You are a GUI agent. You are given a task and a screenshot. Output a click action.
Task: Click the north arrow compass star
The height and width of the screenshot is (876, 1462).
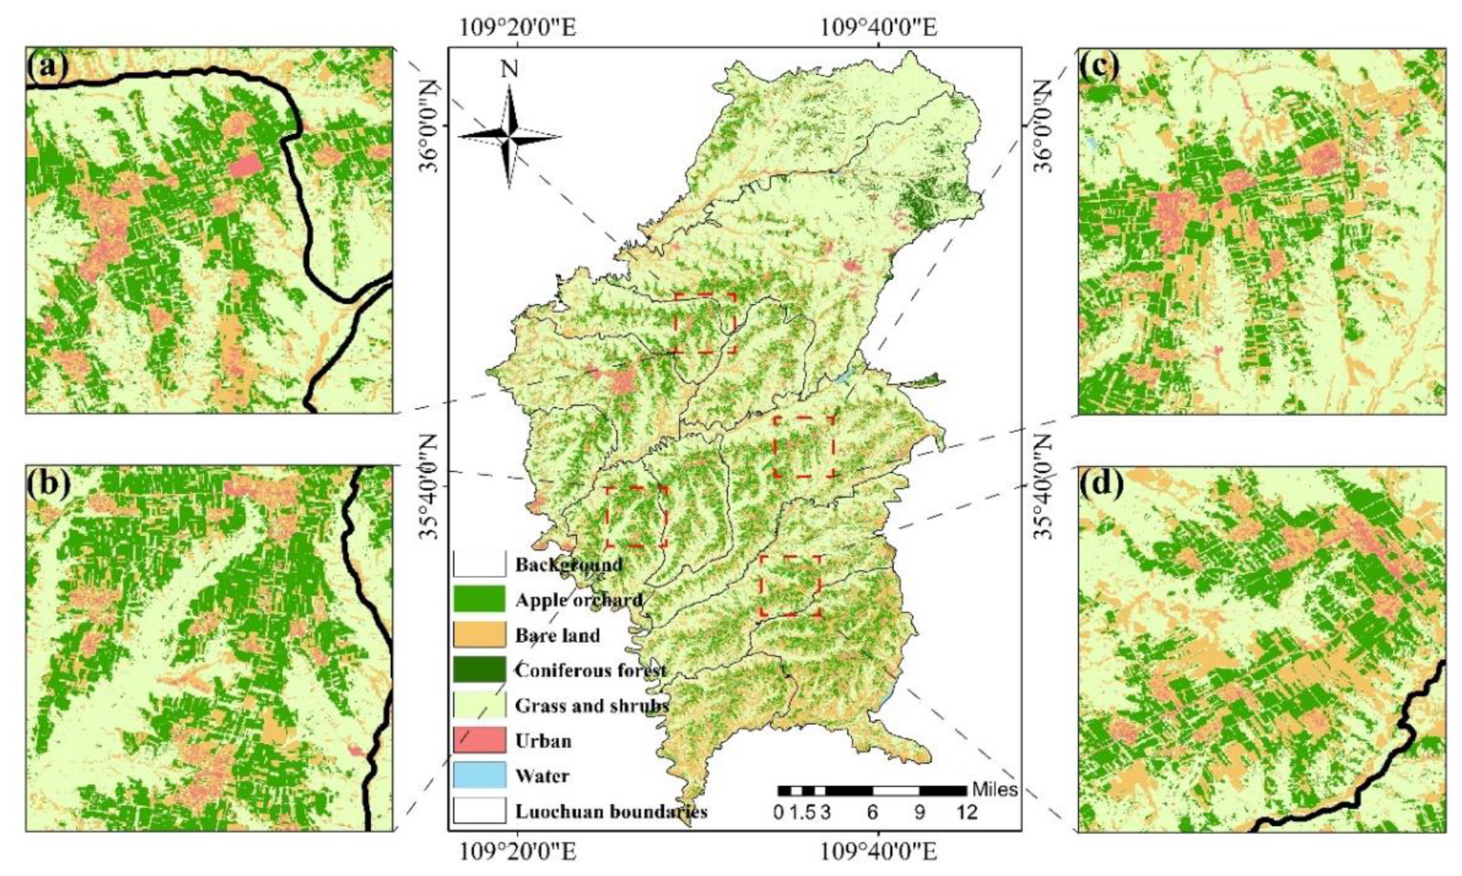(510, 137)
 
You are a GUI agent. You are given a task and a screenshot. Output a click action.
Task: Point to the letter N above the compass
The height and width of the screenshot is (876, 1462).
(509, 70)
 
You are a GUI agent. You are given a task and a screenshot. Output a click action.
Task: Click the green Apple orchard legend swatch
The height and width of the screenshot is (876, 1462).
(479, 599)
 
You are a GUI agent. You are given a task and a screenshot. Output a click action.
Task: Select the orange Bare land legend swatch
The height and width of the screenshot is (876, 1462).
(479, 635)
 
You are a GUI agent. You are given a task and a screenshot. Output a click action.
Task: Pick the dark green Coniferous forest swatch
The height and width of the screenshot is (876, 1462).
(479, 670)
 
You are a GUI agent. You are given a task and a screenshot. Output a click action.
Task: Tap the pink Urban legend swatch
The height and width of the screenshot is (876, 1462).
(479, 740)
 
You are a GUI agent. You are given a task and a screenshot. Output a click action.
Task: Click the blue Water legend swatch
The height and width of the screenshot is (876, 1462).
(479, 775)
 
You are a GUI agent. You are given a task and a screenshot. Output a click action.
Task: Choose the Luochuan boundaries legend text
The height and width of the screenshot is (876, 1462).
(610, 812)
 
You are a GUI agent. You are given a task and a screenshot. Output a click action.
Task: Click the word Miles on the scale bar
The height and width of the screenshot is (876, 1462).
(994, 789)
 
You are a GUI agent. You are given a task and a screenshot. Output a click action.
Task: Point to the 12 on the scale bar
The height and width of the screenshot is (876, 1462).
(967, 813)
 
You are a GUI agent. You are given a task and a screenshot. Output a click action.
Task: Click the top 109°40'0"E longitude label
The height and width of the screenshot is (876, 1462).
(877, 27)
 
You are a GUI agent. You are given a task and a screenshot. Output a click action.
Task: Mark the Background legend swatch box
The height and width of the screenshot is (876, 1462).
(479, 565)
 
